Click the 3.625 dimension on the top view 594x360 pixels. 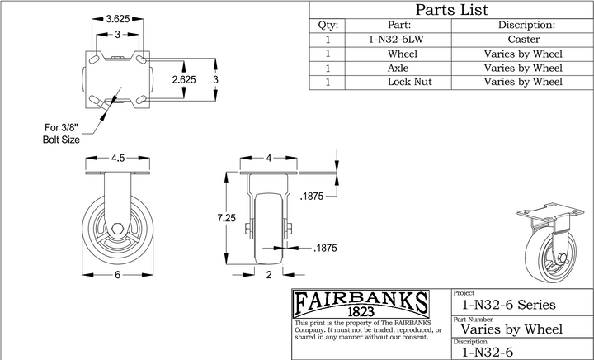pyautogui.click(x=118, y=18)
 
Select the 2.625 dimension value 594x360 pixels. pyautogui.click(x=184, y=79)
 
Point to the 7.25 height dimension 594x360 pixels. pyautogui.click(x=226, y=218)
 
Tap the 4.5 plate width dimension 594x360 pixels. pyautogui.click(x=118, y=158)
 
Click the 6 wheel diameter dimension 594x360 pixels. pyautogui.click(x=117, y=275)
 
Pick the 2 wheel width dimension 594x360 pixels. pyautogui.click(x=269, y=275)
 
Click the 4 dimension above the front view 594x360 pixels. pyautogui.click(x=269, y=158)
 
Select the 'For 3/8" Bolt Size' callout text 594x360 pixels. pyautogui.click(x=61, y=134)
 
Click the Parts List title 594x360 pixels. pyautogui.click(x=451, y=9)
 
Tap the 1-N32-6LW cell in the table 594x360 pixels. pyautogui.click(x=396, y=40)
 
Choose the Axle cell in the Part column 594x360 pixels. pyautogui.click(x=398, y=69)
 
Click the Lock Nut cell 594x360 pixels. pyautogui.click(x=409, y=82)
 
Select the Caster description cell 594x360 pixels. pyautogui.click(x=524, y=40)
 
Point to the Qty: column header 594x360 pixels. pyautogui.click(x=328, y=26)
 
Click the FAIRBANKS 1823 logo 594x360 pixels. pyautogui.click(x=361, y=304)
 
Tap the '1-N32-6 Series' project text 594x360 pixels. pyautogui.click(x=508, y=305)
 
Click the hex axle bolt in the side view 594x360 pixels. pyautogui.click(x=118, y=229)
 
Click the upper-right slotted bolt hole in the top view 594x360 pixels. pyautogui.click(x=141, y=59)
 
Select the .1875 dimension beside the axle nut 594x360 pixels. pyautogui.click(x=325, y=249)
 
